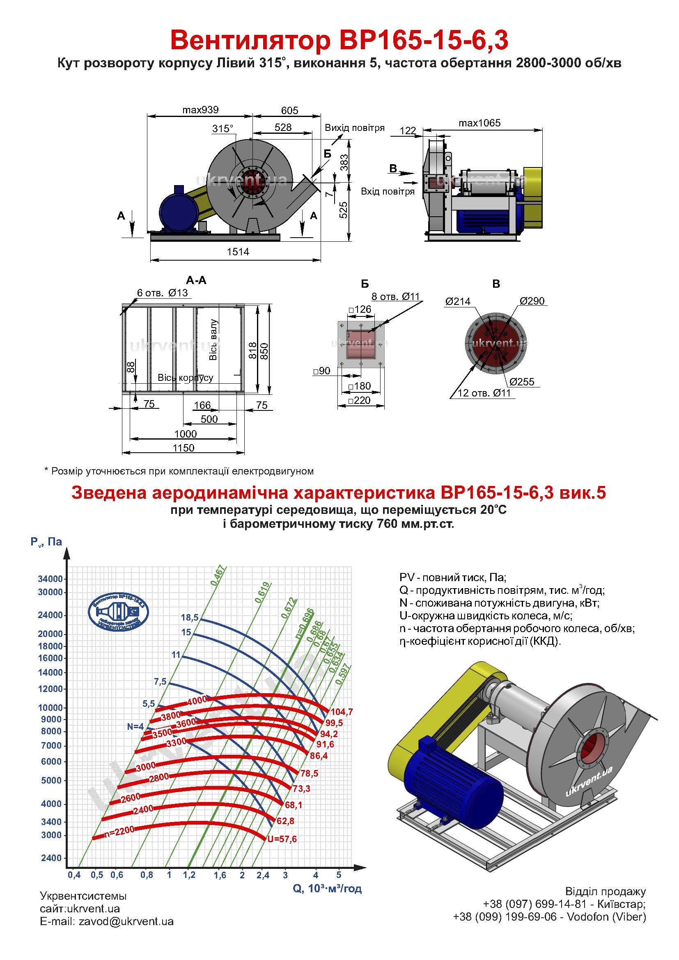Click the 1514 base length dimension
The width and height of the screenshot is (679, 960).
pyautogui.click(x=238, y=252)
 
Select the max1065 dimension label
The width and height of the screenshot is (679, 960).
pyautogui.click(x=479, y=123)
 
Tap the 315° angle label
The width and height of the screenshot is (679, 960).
pyautogui.click(x=223, y=129)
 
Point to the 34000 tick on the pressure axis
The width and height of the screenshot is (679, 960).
pyautogui.click(x=50, y=579)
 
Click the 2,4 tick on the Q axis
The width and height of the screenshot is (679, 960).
pyautogui.click(x=263, y=875)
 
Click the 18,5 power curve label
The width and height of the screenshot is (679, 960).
pyautogui.click(x=189, y=618)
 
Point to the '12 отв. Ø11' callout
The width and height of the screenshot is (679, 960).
pyautogui.click(x=484, y=393)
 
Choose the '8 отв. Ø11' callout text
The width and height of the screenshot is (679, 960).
pyautogui.click(x=395, y=296)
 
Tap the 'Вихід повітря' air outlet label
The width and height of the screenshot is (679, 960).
pyautogui.click(x=355, y=128)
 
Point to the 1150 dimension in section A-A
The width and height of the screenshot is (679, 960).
pyautogui.click(x=184, y=448)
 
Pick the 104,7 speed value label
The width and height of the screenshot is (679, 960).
pyautogui.click(x=342, y=712)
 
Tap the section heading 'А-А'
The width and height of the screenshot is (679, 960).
pyautogui.click(x=196, y=281)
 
